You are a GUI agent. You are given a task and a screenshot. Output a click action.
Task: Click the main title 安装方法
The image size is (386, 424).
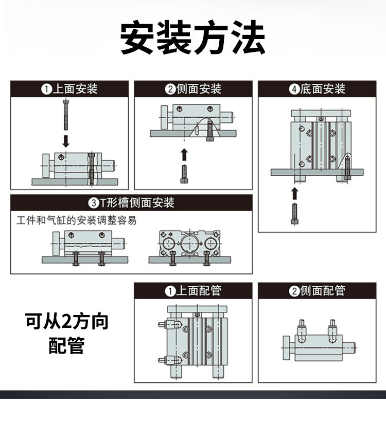click(193, 38)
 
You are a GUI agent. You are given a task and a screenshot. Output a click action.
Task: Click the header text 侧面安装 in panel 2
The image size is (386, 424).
click(199, 89)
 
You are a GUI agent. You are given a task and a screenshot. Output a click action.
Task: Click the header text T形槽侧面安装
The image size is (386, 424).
click(137, 202)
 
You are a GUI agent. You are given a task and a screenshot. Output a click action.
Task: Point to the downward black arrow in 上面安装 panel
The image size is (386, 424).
click(66, 140)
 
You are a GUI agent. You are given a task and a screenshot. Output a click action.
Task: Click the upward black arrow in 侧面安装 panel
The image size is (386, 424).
click(184, 154)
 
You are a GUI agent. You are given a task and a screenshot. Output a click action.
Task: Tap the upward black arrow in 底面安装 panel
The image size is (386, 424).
click(294, 193)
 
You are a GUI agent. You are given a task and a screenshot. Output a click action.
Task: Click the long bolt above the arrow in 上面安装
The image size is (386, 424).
click(66, 115)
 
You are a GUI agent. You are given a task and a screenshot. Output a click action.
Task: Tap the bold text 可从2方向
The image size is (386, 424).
click(67, 322)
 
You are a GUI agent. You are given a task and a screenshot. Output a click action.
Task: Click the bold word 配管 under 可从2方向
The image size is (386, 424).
click(67, 346)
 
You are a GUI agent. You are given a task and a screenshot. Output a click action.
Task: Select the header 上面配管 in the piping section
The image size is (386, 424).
click(199, 291)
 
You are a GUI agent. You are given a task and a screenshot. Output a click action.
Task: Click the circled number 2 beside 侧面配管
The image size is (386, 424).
click(294, 291)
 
